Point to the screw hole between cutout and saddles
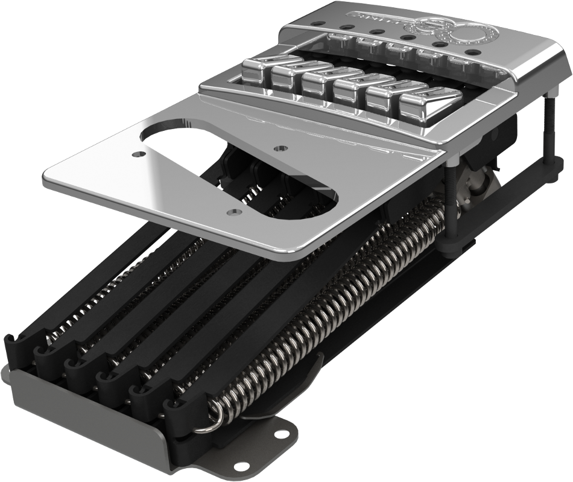[x=279, y=147]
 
